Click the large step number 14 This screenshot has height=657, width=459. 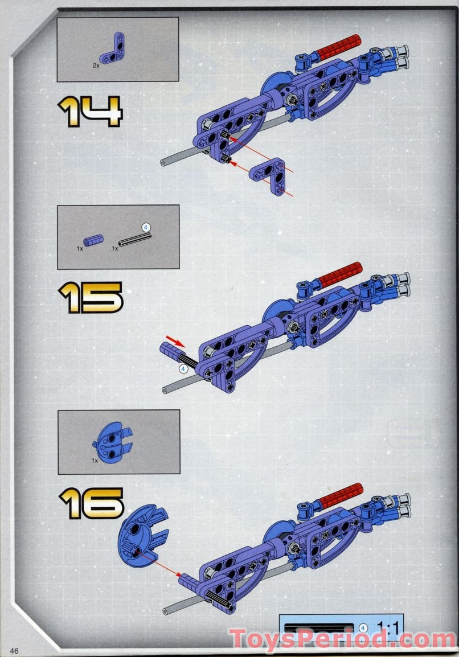pyautogui.click(x=90, y=111)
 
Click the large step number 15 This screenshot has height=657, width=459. pyautogui.click(x=91, y=297)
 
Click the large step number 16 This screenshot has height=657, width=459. pyautogui.click(x=91, y=503)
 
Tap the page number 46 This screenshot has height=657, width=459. pyautogui.click(x=14, y=651)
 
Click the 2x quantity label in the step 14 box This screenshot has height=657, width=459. pyautogui.click(x=96, y=66)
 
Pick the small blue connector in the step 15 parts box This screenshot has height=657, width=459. pyautogui.click(x=93, y=240)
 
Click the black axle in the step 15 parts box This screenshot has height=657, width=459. pyautogui.click(x=134, y=240)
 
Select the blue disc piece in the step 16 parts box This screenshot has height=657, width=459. pyautogui.click(x=112, y=442)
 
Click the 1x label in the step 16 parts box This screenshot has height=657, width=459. pyautogui.click(x=95, y=461)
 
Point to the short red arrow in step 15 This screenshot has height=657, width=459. pyautogui.click(x=175, y=340)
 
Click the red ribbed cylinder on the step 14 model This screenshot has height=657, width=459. pyautogui.click(x=338, y=47)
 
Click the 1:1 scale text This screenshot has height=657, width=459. pyautogui.click(x=388, y=627)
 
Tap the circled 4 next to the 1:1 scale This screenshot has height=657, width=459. pyautogui.click(x=363, y=627)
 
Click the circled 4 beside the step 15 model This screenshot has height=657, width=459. pyautogui.click(x=183, y=369)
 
